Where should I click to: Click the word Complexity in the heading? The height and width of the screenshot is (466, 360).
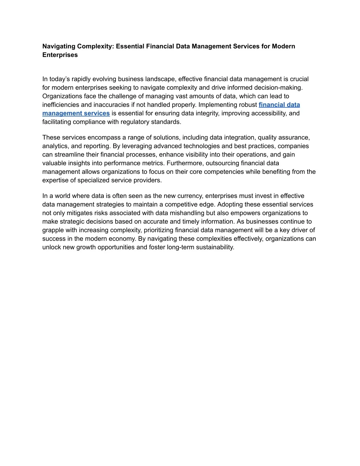[95, 46]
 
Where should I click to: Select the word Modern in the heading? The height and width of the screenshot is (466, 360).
[283, 46]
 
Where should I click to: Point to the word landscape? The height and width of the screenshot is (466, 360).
[161, 79]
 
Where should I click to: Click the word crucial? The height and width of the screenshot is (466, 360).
[299, 79]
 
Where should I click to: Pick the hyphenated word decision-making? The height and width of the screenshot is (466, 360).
[280, 88]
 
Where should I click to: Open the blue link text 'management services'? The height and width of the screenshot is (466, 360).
[76, 113]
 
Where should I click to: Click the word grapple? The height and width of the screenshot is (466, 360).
[53, 230]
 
